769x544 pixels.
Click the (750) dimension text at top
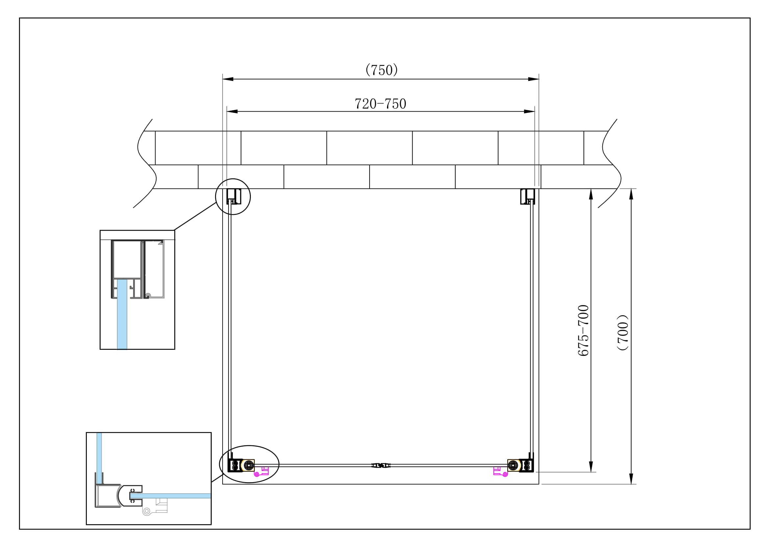tap(381, 70)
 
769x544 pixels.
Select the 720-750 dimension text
tap(380, 104)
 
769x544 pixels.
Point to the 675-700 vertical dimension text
tap(584, 330)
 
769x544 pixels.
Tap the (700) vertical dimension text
tap(623, 332)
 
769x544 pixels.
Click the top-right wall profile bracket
tap(527, 196)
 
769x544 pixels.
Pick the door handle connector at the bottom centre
tap(381, 465)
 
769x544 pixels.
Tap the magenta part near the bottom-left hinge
tap(262, 471)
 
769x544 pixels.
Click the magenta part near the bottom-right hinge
tap(500, 471)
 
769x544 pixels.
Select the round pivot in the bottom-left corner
tap(249, 465)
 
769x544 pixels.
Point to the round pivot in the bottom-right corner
tap(513, 465)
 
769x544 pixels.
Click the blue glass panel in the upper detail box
tap(122, 315)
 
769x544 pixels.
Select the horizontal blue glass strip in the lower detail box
tap(171, 496)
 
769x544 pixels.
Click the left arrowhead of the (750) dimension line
tap(228, 79)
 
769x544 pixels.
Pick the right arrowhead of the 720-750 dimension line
tap(530, 111)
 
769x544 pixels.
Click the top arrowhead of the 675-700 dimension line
tap(591, 194)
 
